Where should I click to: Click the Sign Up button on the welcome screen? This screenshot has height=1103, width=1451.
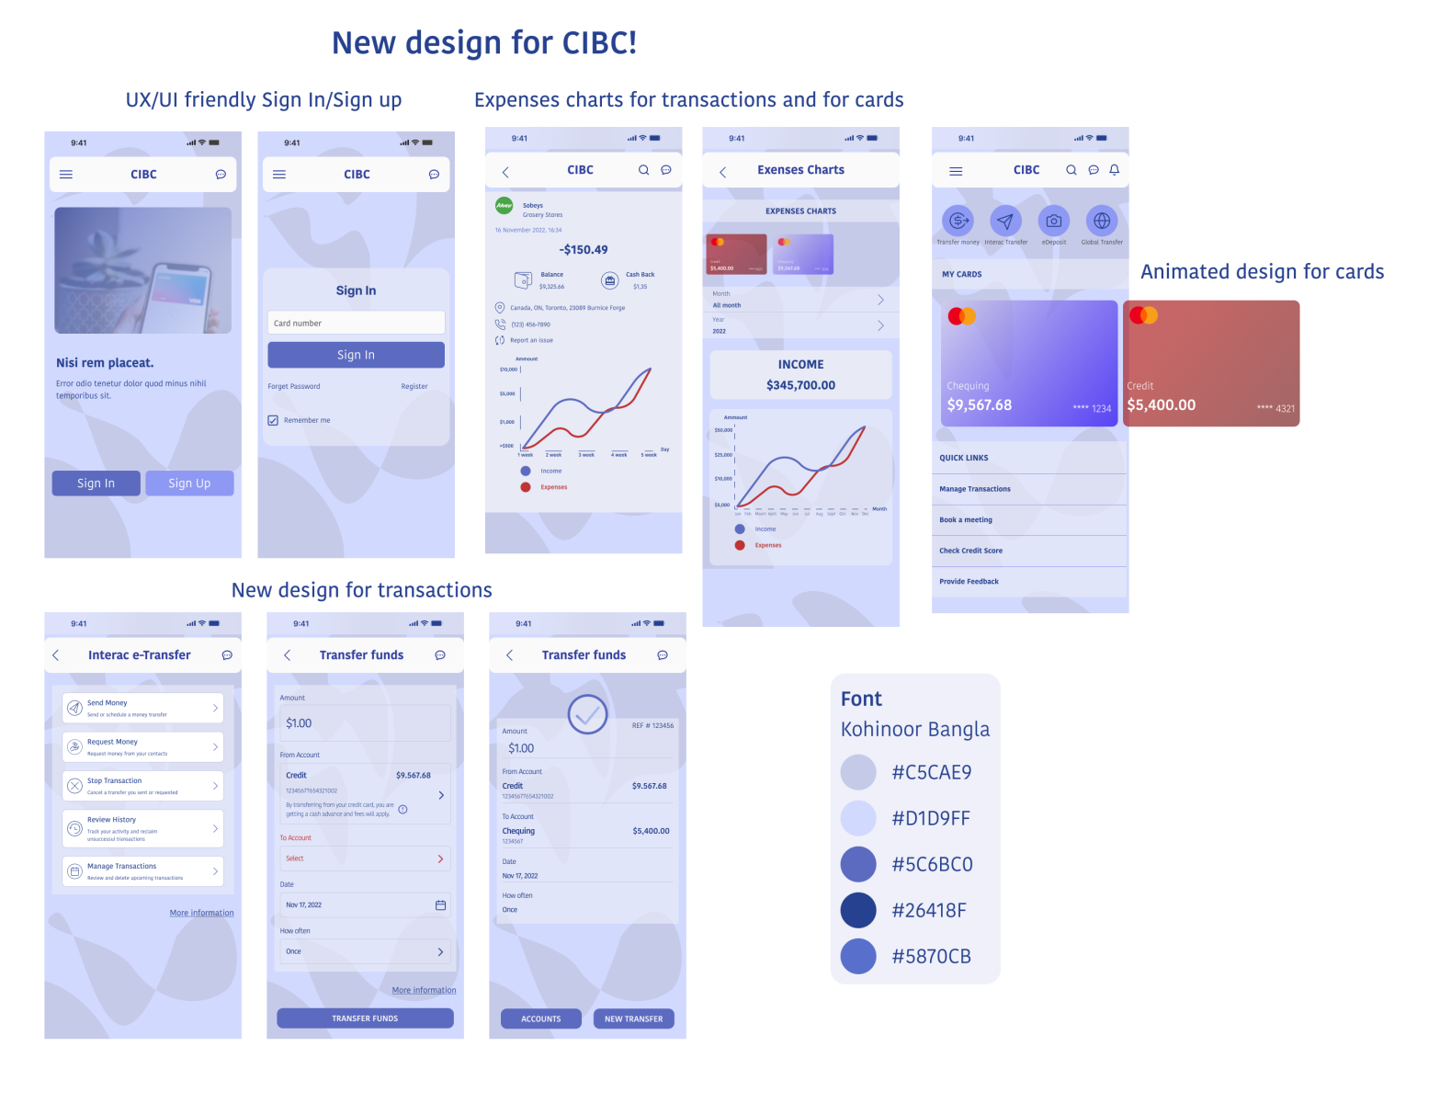point(189,483)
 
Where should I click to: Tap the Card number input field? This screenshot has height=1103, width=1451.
point(356,323)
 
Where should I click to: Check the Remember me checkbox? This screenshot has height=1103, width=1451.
point(273,420)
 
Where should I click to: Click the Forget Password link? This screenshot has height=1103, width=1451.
point(294,386)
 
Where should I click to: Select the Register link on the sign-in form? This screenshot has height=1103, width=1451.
point(414,386)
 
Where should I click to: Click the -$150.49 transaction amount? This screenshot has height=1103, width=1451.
point(584,250)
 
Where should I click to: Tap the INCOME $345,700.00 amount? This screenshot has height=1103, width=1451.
point(800,385)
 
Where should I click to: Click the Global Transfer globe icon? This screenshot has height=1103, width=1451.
point(1102,221)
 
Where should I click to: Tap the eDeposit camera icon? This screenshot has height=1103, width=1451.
point(1054,221)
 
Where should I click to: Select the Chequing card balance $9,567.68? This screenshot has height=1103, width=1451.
point(980,405)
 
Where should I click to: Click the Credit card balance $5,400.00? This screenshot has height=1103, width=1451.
point(1162,405)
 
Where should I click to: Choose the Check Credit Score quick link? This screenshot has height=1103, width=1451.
point(970,551)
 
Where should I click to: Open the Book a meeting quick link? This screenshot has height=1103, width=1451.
point(966,520)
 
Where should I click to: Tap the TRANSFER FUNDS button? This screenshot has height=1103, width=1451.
point(365,1018)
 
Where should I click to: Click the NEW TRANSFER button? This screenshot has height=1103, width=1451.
point(633,1018)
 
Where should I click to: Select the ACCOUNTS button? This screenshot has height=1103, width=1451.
point(541,1018)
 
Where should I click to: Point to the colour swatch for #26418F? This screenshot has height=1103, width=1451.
point(858,910)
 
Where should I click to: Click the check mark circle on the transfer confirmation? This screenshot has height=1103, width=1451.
point(587,714)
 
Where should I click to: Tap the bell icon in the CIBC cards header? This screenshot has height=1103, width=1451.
point(1115,170)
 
